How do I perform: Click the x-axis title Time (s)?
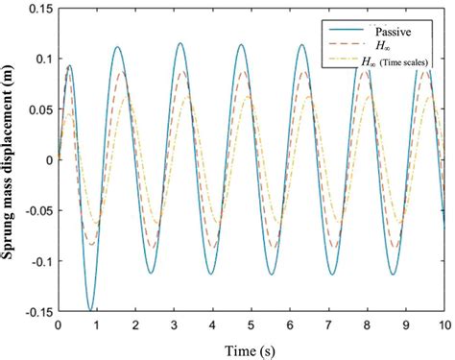tap(251, 347)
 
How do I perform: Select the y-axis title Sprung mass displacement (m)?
tap(11, 160)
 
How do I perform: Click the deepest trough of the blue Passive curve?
tap(91, 309)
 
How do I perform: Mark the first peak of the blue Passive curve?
tap(69, 66)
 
